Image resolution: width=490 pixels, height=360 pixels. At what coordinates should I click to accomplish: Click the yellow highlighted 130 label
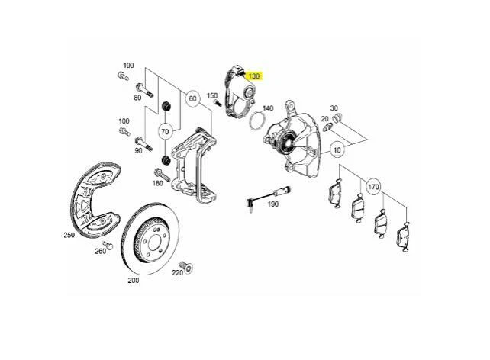pyautogui.click(x=254, y=76)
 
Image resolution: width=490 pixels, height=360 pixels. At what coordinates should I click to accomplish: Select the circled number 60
pyautogui.click(x=192, y=98)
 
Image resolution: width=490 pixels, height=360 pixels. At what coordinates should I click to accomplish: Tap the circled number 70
pyautogui.click(x=164, y=131)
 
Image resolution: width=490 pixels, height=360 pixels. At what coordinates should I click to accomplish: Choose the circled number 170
pyautogui.click(x=374, y=187)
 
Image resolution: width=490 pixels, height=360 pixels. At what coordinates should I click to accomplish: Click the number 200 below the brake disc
pyautogui.click(x=134, y=281)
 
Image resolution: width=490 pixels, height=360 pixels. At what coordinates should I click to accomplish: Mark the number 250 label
pyautogui.click(x=69, y=236)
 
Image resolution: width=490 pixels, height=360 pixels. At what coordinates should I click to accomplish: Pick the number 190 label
pyautogui.click(x=272, y=203)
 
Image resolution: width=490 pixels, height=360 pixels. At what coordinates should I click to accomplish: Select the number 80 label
pyautogui.click(x=138, y=97)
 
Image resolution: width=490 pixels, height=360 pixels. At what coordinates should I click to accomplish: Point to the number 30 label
pyautogui.click(x=334, y=108)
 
